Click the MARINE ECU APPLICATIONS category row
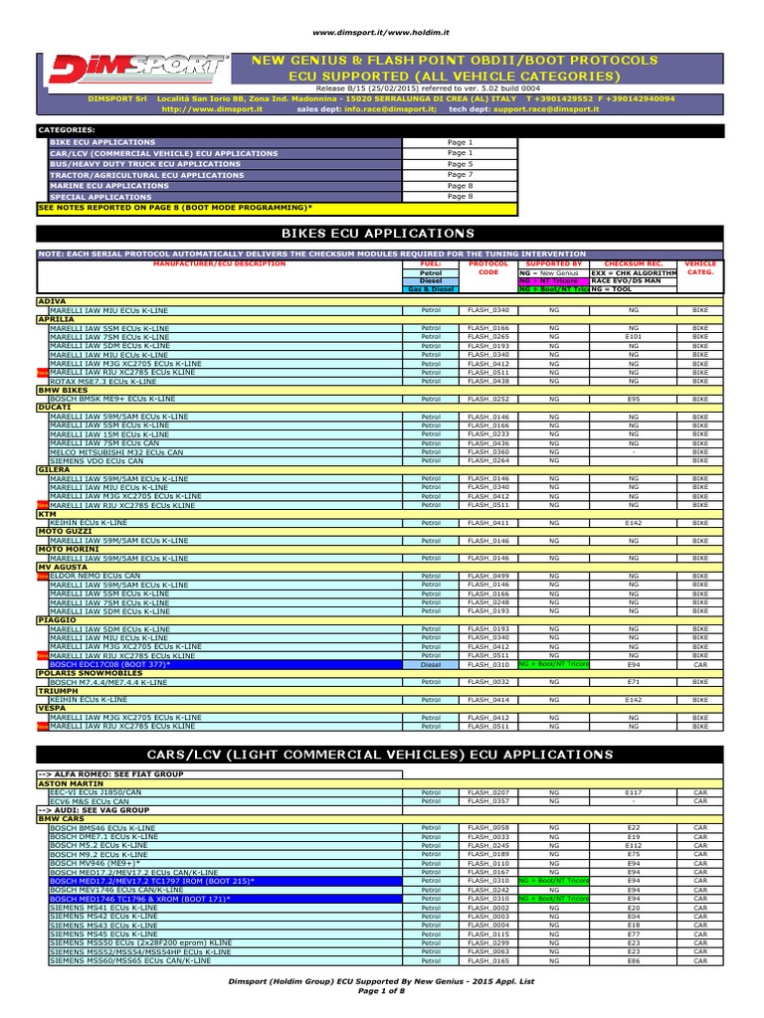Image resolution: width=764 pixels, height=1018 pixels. coord(110,186)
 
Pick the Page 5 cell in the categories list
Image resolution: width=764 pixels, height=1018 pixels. coord(460,164)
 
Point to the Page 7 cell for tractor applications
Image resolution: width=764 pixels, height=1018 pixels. coord(460,175)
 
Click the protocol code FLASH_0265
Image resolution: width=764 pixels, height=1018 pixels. coord(487,335)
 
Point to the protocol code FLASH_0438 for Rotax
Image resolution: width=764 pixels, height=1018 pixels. coord(487,381)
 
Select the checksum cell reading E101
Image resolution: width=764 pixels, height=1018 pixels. coord(633,335)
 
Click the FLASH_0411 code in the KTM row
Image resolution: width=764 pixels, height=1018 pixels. coord(487,522)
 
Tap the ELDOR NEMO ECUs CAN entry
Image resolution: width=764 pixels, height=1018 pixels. coord(95,576)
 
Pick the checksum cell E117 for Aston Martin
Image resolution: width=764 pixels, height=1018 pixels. coord(633,792)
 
